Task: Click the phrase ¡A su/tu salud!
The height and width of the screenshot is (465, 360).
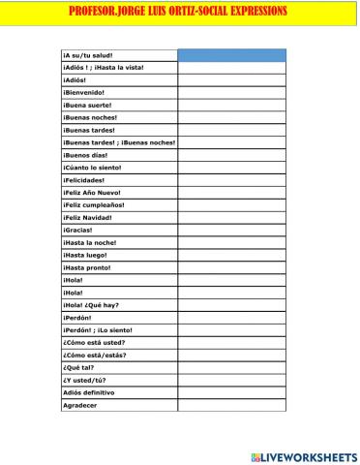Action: tap(88, 55)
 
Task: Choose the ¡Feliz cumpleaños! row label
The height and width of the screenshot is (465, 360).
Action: tap(96, 205)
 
